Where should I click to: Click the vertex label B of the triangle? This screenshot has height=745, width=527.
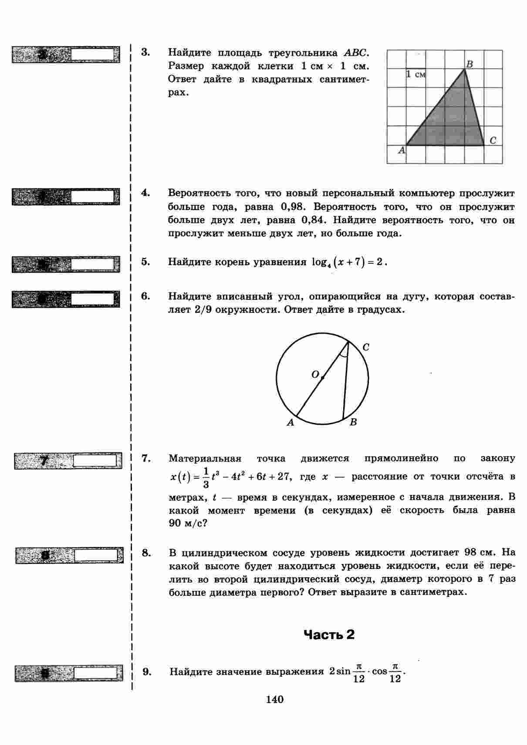coord(470,64)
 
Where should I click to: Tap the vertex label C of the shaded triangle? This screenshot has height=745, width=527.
coord(493,140)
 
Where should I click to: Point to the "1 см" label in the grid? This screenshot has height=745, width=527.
coord(416,74)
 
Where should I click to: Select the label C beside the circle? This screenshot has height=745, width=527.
coord(366,347)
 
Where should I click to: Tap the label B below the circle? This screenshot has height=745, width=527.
coord(353,422)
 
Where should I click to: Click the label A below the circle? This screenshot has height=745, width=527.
coord(291,422)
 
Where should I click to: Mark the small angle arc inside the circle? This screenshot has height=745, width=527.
coord(344,353)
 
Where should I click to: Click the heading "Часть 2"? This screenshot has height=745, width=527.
coord(329,635)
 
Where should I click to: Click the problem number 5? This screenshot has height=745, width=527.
coord(145,262)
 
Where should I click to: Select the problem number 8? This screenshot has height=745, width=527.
coord(146,553)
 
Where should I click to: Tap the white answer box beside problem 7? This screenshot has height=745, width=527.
coord(98,460)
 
